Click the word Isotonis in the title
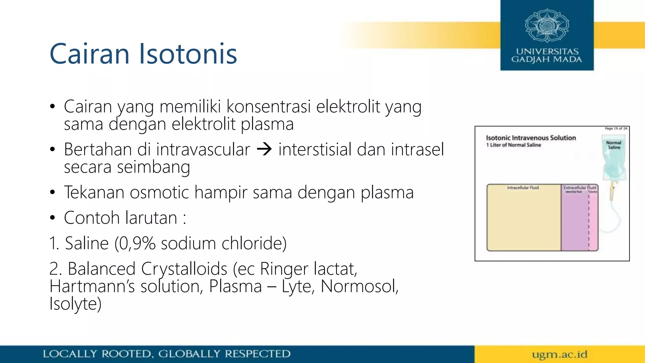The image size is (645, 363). pyautogui.click(x=188, y=54)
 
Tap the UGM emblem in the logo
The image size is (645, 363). pyautogui.click(x=547, y=26)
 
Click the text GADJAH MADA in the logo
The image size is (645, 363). pyautogui.click(x=547, y=60)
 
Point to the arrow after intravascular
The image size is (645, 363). pyautogui.click(x=264, y=149)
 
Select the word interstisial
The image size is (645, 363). pyautogui.click(x=315, y=149)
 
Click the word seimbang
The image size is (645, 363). pyautogui.click(x=153, y=167)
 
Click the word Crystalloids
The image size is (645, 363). pyautogui.click(x=184, y=269)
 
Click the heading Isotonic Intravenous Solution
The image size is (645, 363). pyautogui.click(x=531, y=138)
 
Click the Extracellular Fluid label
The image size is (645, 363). pyautogui.click(x=579, y=187)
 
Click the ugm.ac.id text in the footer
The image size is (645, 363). pyautogui.click(x=560, y=354)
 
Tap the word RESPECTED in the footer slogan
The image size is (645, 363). pyautogui.click(x=257, y=354)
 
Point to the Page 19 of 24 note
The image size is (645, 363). pyautogui.click(x=616, y=129)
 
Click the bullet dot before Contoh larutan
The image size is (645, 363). pyautogui.click(x=52, y=218)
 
